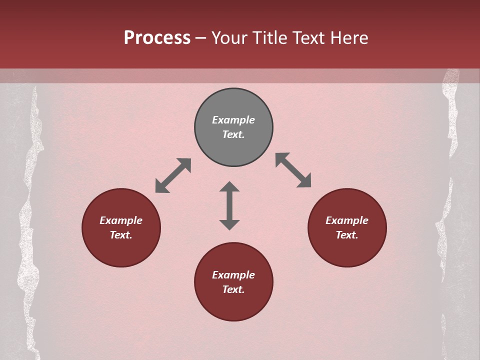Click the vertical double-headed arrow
coord(229,205)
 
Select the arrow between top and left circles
coord(173,175)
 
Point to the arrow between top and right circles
coord(293,170)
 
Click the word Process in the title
coord(157,38)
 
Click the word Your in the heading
coord(230,38)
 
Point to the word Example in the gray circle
coord(233,120)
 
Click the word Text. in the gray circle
coord(233,134)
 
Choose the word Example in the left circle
coord(121,220)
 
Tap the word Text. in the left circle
coord(121,235)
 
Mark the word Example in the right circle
coord(347,220)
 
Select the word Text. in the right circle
coord(347,235)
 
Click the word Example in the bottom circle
coord(233,275)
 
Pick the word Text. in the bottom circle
coord(233,289)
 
